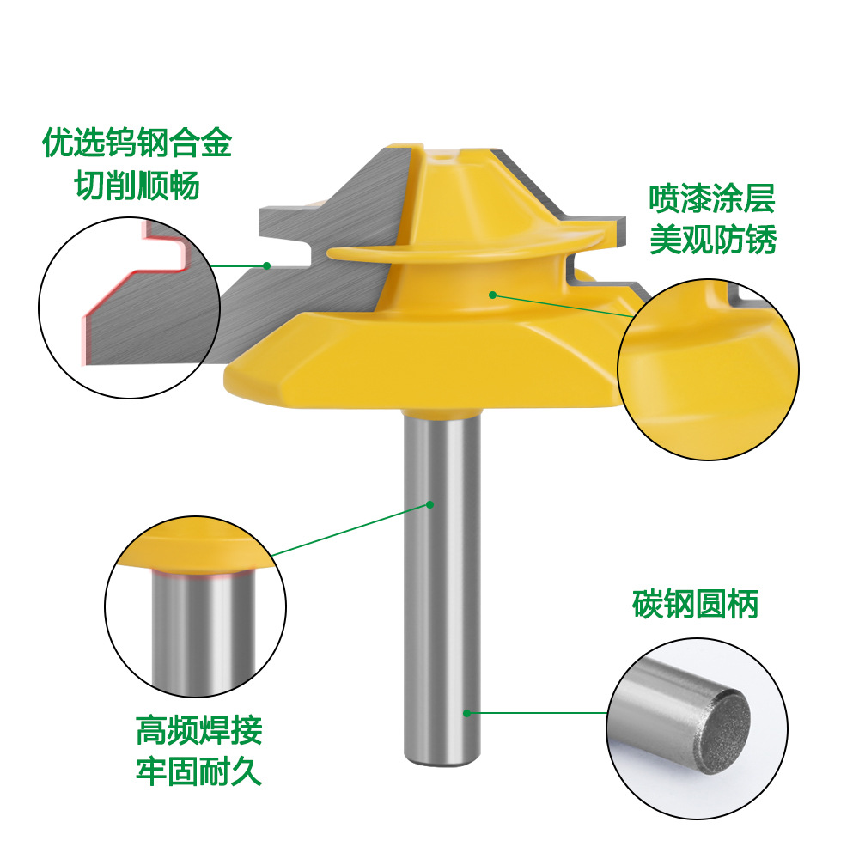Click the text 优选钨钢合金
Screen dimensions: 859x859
pyautogui.click(x=137, y=143)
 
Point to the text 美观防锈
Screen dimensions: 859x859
pyautogui.click(x=712, y=240)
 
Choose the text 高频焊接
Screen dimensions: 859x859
pyautogui.click(x=198, y=731)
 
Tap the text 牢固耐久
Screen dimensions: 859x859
pyautogui.click(x=198, y=771)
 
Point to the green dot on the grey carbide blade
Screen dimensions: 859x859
pyautogui.click(x=267, y=265)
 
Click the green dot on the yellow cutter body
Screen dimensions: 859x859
pyautogui.click(x=492, y=295)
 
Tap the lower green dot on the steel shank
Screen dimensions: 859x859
pyautogui.click(x=467, y=712)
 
